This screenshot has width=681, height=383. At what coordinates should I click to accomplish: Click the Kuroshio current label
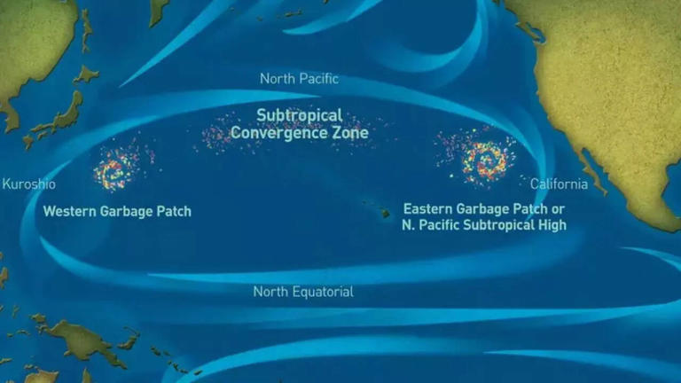tap(29, 184)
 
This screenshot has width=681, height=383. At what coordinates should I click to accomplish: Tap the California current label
tap(559, 184)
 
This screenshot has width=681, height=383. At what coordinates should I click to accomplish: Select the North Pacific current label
tap(299, 79)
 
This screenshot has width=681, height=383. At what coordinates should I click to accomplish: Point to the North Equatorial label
tap(303, 292)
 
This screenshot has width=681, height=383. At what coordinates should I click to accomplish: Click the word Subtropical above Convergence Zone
tap(299, 115)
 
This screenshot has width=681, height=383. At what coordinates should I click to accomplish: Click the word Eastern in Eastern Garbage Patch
tap(429, 209)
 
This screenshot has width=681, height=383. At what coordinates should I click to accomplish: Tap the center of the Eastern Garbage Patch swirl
tap(483, 158)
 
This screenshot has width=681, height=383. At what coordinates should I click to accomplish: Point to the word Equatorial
tap(324, 292)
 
